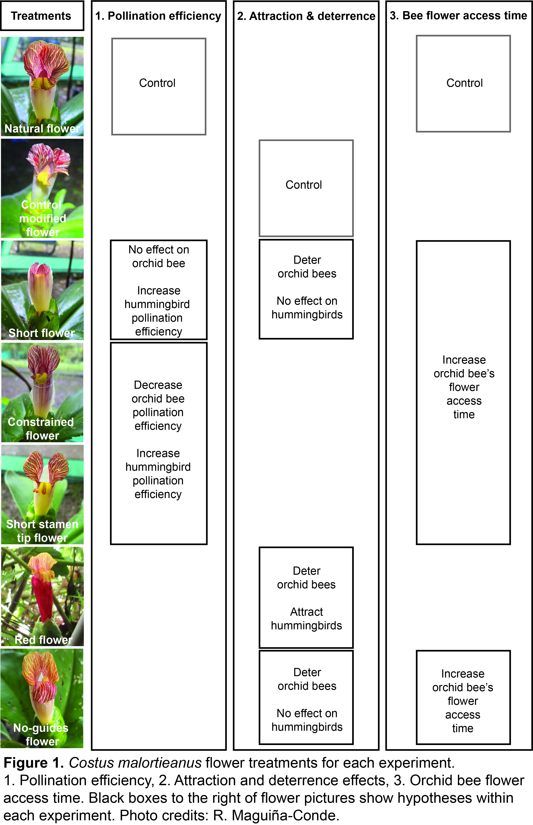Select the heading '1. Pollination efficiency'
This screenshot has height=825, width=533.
pos(158,16)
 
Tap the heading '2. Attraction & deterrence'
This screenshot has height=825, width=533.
pos(306,16)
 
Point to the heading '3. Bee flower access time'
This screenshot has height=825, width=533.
pos(458,16)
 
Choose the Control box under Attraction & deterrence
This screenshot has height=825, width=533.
pos(306,188)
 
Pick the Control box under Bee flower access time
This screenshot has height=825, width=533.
pos(463,83)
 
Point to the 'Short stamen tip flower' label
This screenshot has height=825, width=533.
pos(42,531)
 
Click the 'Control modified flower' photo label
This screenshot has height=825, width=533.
pos(42,218)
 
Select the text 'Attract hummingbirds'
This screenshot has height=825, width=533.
pos(306,619)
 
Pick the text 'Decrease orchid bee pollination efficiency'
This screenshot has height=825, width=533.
pos(158,405)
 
